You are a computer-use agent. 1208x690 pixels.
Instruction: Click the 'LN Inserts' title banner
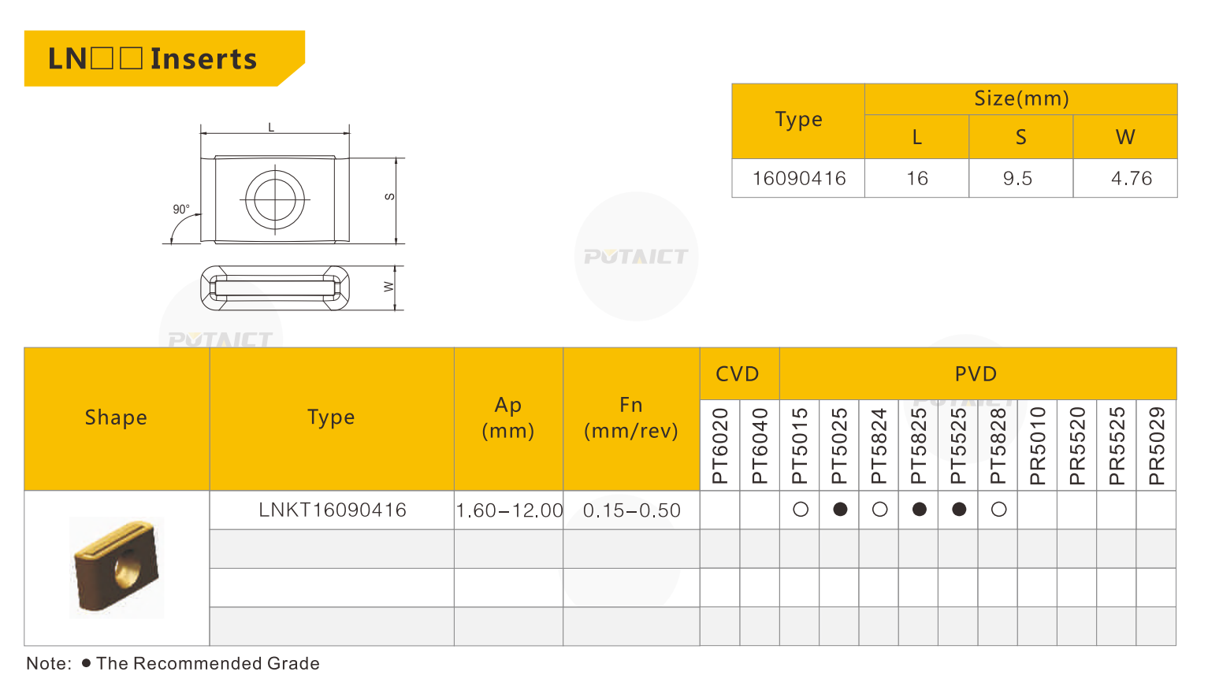(165, 58)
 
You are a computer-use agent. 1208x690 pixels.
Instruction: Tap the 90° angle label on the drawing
(181, 210)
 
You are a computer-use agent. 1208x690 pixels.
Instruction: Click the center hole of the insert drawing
(275, 199)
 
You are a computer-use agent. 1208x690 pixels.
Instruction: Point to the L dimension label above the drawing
(271, 128)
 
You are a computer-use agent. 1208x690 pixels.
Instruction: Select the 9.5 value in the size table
(1017, 179)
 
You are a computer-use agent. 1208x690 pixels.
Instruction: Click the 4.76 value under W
(1132, 179)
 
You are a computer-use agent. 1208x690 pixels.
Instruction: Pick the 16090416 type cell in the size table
(799, 179)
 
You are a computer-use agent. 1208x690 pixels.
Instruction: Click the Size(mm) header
(1021, 98)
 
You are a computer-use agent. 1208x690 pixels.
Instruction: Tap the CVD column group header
(738, 374)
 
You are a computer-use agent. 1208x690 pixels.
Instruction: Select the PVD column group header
(976, 374)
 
